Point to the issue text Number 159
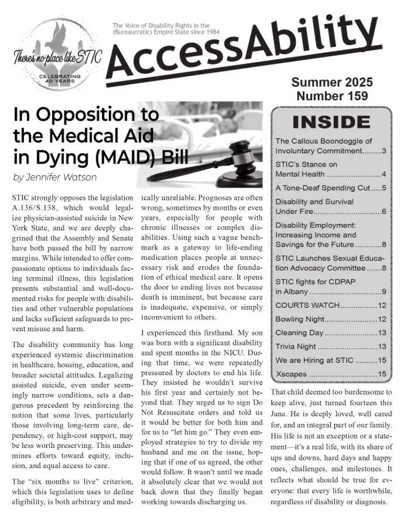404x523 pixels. coord(331,96)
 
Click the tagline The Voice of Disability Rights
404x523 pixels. coord(161,26)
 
